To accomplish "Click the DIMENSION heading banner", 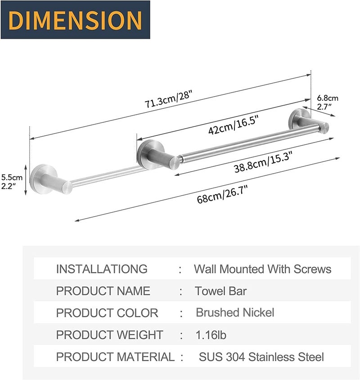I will click(x=75, y=20).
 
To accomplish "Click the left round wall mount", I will click(x=44, y=179).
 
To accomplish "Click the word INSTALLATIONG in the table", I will click(x=102, y=269).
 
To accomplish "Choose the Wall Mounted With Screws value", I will click(x=262, y=269).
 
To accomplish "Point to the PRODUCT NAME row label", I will click(x=103, y=291).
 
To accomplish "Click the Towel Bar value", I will click(x=220, y=291).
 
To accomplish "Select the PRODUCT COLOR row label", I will click(x=107, y=313).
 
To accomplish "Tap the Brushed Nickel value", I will click(x=235, y=313).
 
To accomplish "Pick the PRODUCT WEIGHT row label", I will click(x=109, y=335).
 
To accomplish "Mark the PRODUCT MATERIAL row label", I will click(x=115, y=357).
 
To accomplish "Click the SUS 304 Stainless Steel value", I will click(x=261, y=357).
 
